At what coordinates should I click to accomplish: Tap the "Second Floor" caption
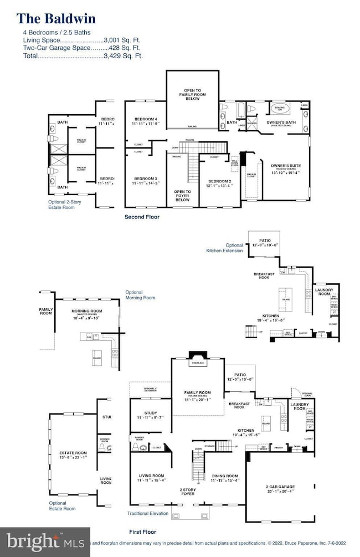tap(141, 217)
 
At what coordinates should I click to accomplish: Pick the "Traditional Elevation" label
tap(147, 514)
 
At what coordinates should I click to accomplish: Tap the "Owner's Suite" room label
tap(285, 165)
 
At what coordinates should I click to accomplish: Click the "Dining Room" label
tap(224, 476)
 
